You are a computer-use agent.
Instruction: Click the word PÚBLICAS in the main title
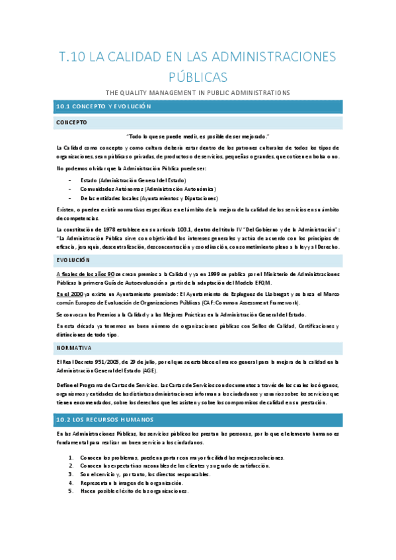pos(198,77)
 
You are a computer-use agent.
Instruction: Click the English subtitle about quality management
pos(198,93)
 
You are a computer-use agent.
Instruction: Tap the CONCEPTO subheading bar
pos(71,123)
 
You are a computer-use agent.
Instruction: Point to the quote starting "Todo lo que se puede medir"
pos(198,136)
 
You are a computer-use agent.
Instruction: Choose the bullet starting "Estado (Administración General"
pos(133,180)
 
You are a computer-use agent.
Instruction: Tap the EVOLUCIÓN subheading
pos(73,261)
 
